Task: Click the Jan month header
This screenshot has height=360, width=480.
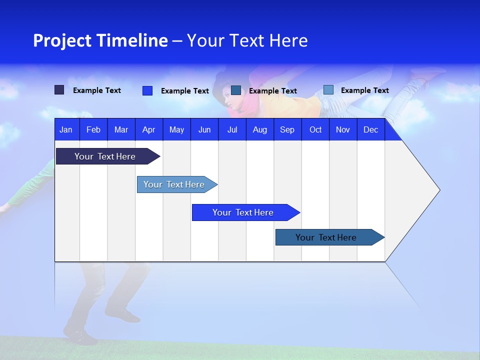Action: (66, 129)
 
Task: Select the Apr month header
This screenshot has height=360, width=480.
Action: (148, 129)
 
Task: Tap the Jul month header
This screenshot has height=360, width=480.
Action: (232, 129)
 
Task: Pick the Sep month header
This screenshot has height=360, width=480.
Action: (287, 129)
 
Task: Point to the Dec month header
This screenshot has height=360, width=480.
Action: (370, 129)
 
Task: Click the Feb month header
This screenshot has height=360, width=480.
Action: (93, 129)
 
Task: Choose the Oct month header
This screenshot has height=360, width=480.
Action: (315, 129)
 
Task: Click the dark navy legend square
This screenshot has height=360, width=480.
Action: (59, 90)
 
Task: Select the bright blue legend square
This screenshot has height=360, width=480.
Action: (147, 90)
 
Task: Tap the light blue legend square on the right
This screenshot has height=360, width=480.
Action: (328, 90)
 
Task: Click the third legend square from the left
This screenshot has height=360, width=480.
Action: (236, 90)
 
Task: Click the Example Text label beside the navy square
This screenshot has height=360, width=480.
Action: (97, 90)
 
